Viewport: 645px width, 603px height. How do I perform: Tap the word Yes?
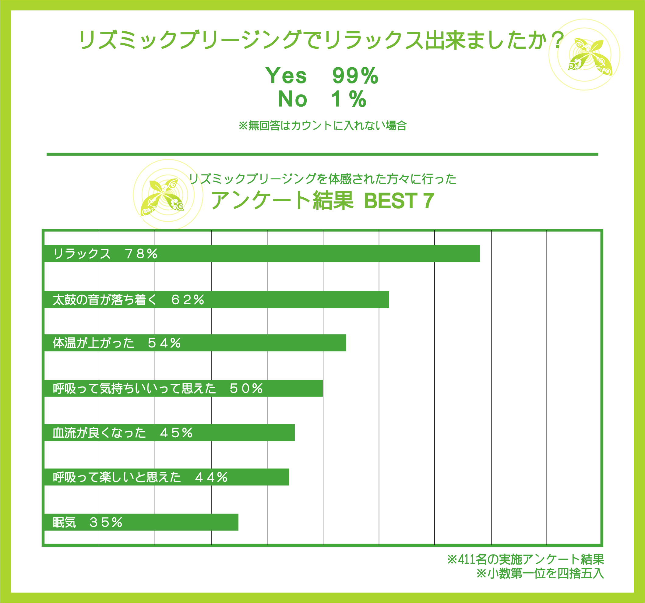click(x=286, y=76)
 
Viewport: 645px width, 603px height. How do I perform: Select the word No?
click(x=292, y=99)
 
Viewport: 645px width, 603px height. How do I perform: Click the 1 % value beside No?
click(x=349, y=99)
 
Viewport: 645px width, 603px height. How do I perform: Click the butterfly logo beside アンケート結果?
click(x=162, y=196)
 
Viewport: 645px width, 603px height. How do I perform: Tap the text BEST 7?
click(x=399, y=201)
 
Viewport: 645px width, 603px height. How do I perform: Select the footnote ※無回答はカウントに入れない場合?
click(x=322, y=125)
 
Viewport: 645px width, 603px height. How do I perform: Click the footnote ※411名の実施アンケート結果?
click(x=525, y=559)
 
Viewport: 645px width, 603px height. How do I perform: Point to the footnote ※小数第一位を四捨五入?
click(x=540, y=573)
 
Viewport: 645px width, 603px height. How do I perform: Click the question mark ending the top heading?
click(x=558, y=40)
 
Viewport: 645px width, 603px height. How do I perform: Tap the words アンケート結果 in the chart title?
click(x=282, y=200)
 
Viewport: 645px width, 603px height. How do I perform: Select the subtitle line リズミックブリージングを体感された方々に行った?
click(x=322, y=179)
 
